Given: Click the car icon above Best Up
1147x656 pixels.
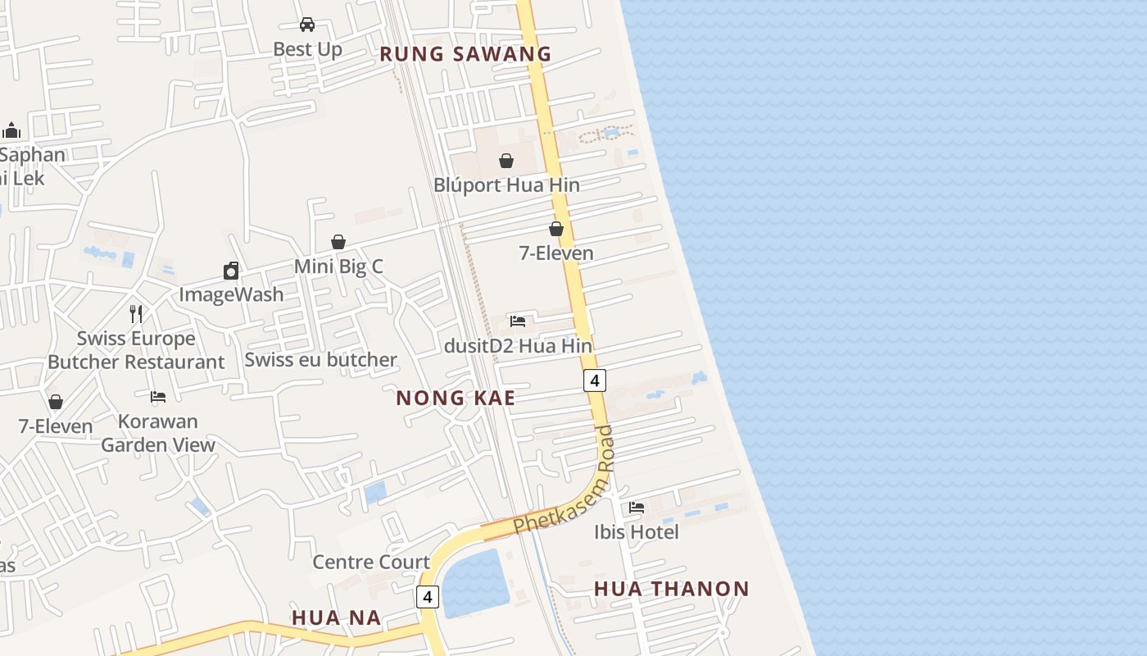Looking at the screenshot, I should tap(307, 25).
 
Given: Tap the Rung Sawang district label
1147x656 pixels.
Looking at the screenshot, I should tap(465, 54).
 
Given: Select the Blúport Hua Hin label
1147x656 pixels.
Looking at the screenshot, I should tap(506, 184).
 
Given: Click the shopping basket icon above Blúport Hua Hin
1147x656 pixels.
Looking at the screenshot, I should tap(506, 161).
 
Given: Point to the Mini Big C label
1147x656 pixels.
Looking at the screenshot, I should tap(338, 266).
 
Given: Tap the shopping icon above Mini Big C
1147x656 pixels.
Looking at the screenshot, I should tap(338, 242).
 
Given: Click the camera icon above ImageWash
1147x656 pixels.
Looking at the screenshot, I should tap(231, 271).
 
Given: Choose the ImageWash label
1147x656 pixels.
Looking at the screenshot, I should tap(231, 294).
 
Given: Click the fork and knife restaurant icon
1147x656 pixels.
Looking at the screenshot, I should tap(136, 313).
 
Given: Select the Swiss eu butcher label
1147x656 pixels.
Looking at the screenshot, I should tap(320, 359).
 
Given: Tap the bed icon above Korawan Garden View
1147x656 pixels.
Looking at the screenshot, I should tap(158, 397).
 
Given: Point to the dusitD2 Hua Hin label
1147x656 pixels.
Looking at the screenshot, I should tap(518, 345).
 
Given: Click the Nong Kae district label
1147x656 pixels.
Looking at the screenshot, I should tap(456, 399).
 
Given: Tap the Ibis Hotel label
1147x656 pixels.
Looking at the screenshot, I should tap(637, 532).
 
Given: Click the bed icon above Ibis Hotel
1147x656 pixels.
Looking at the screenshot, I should tap(637, 508).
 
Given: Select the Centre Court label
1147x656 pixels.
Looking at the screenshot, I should tap(371, 562).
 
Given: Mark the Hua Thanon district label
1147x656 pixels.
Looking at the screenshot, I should tap(671, 589).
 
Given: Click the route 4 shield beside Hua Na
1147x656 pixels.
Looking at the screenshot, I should tap(428, 596).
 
